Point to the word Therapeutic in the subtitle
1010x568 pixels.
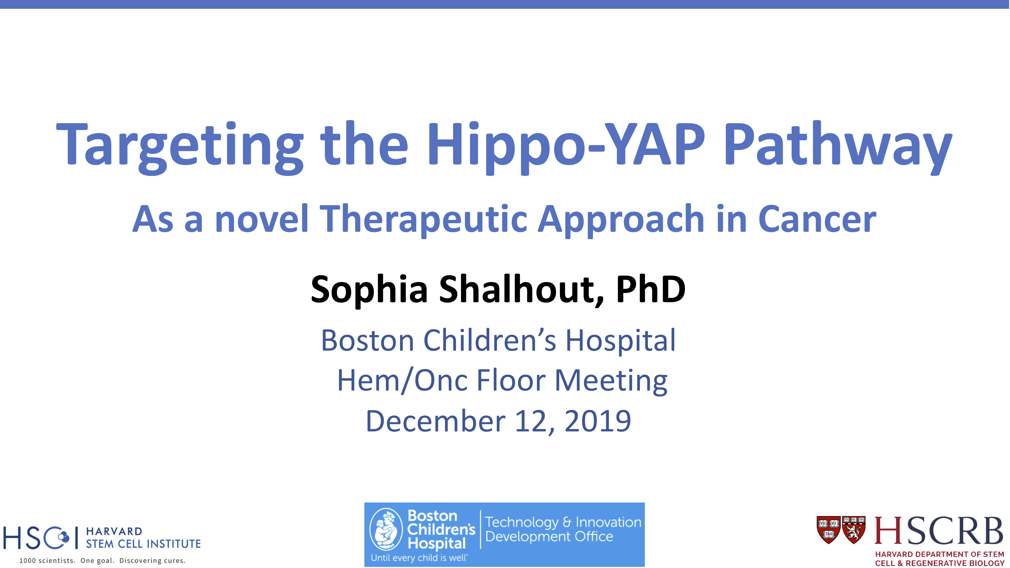(424, 220)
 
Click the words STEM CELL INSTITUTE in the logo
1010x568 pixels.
(143, 544)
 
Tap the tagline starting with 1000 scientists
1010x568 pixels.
(102, 560)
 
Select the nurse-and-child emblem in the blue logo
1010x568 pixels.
(386, 529)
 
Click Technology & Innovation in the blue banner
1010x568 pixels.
(563, 522)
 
